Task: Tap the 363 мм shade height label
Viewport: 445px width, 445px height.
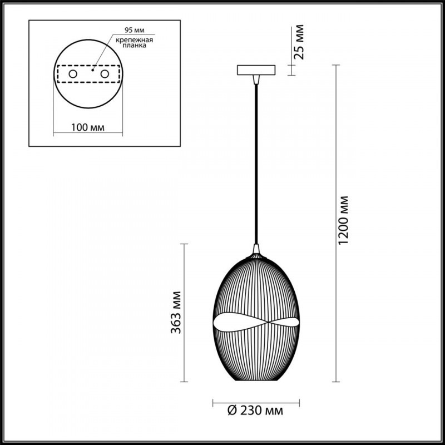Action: coord(176,312)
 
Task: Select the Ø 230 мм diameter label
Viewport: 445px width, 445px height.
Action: coord(256,412)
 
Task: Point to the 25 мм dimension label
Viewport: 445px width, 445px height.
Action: coord(299,42)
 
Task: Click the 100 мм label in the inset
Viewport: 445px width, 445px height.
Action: coord(88,127)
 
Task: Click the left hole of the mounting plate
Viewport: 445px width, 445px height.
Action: coord(72,74)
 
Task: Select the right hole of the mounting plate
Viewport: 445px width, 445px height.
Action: coord(105,74)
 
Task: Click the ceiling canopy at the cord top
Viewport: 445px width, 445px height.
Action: coord(256,71)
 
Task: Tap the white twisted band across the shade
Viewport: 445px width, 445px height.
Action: coord(256,324)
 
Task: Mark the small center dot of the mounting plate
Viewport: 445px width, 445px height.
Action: coord(93,71)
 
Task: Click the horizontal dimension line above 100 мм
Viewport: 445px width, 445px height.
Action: coord(88,133)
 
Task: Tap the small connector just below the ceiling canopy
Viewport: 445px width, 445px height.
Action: coord(256,80)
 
